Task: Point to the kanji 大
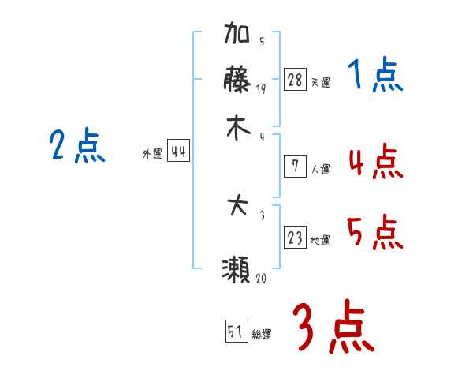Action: [237, 208]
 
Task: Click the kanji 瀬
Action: [236, 272]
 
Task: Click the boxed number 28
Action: [295, 79]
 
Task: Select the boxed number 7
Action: [295, 166]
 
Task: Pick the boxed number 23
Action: [295, 238]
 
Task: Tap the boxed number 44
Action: [178, 153]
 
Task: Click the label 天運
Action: [320, 82]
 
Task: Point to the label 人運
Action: [320, 169]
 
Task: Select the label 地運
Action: [320, 241]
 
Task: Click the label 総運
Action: [262, 335]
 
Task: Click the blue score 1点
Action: [374, 77]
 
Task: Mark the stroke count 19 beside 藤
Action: [261, 88]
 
